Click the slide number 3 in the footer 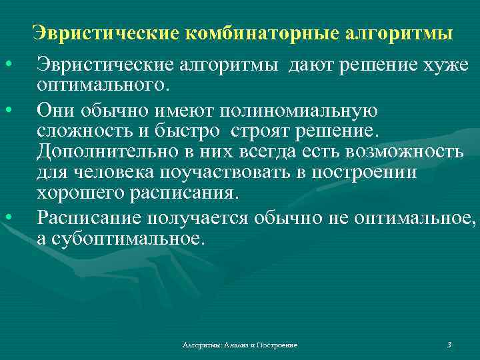(x=449, y=345)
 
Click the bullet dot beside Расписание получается (x=8, y=217)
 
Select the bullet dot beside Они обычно (x=8, y=109)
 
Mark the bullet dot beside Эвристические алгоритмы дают (x=8, y=65)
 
